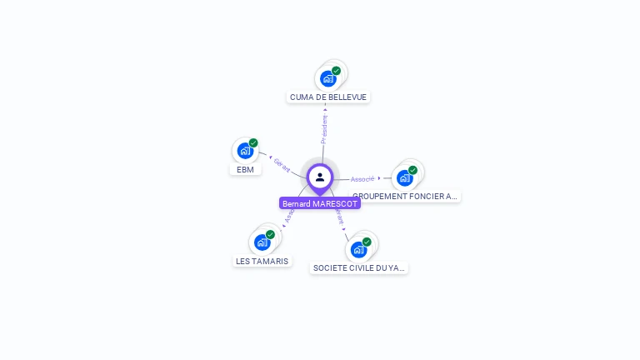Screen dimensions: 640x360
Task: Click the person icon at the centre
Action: [320, 177]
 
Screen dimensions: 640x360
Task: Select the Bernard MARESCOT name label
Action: [320, 203]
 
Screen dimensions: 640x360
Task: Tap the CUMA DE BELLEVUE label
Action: [328, 97]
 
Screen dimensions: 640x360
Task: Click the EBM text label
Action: [245, 169]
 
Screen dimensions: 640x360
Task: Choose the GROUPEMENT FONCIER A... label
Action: [405, 197]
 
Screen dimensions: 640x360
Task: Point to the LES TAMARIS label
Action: [262, 261]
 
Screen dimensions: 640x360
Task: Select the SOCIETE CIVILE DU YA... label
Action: [359, 268]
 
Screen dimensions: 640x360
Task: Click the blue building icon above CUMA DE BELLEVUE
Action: [327, 79]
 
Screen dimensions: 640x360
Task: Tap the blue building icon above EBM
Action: [244, 151]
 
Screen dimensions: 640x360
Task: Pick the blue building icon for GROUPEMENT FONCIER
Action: [404, 177]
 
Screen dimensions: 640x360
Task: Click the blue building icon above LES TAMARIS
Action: [262, 242]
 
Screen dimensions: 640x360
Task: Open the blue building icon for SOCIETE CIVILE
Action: [358, 249]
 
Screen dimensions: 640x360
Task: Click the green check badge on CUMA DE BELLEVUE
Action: [337, 71]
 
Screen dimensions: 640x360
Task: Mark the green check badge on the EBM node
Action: [253, 142]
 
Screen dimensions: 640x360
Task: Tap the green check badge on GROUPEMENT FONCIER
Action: [412, 170]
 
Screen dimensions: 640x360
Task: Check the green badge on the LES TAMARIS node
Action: [270, 234]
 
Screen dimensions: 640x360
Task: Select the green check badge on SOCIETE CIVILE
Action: [367, 242]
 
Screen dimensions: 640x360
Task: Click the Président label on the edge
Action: [324, 129]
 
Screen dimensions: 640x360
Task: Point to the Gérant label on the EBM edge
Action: [282, 165]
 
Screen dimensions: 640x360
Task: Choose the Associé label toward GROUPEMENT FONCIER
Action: [362, 179]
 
